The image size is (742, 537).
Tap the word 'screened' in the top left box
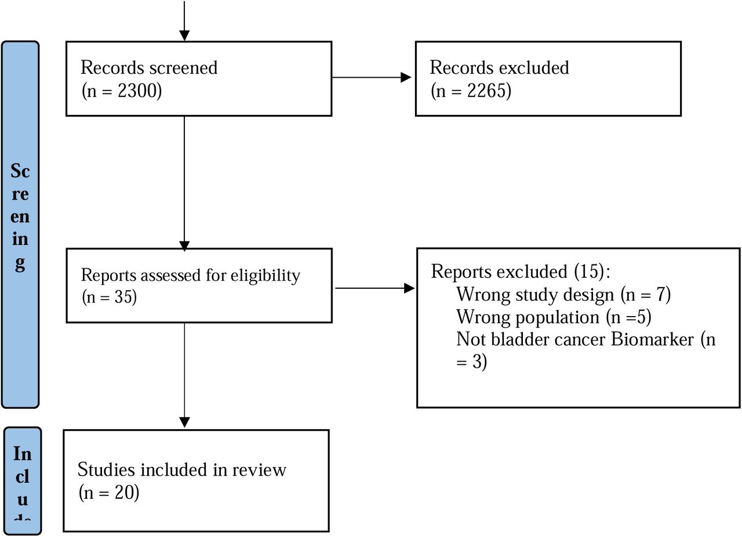[183, 68]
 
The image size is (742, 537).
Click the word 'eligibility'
[265, 275]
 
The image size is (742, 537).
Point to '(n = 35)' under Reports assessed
[110, 297]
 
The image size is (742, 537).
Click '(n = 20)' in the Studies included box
[109, 492]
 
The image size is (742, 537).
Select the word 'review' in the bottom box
[259, 470]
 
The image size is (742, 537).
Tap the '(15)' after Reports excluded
[588, 272]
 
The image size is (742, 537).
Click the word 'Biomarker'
[652, 339]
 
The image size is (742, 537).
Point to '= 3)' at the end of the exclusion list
[471, 361]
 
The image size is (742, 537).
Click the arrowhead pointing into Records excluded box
[406, 78]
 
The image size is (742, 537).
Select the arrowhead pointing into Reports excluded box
[409, 288]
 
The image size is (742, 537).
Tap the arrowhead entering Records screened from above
[184, 36]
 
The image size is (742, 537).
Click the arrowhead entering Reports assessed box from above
[184, 246]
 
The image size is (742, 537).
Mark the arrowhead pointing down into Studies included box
[184, 422]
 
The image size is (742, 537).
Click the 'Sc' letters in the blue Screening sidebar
[20, 171]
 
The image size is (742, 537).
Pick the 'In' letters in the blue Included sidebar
[23, 454]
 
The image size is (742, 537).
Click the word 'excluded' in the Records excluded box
[534, 68]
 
